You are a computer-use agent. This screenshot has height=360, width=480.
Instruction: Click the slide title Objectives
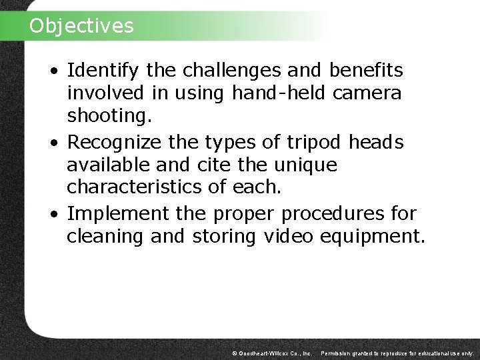pos(81,25)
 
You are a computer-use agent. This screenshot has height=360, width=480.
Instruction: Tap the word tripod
pos(312,141)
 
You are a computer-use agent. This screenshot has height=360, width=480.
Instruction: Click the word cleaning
pos(107,237)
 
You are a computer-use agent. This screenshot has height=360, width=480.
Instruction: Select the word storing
pos(223,237)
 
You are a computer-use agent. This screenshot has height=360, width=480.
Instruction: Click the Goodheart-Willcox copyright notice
pos(271,352)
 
